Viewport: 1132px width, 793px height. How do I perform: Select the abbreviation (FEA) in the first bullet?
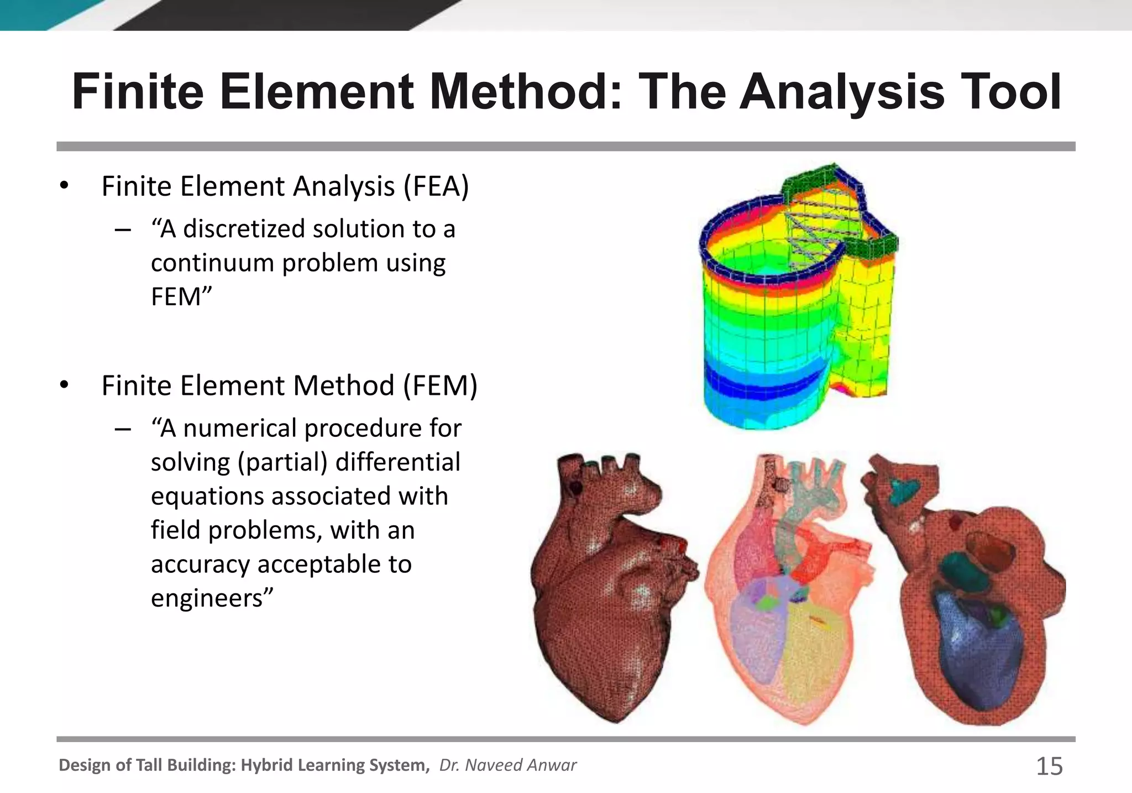(436, 186)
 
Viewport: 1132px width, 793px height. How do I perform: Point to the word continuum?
(212, 263)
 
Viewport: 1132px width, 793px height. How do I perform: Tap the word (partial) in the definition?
(282, 463)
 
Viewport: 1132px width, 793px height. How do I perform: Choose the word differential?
(397, 462)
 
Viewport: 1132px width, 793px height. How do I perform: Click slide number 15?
(1049, 766)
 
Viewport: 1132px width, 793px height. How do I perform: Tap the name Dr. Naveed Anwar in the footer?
(507, 765)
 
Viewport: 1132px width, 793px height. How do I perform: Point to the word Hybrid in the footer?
(267, 765)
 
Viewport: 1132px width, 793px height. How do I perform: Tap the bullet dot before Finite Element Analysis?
(64, 186)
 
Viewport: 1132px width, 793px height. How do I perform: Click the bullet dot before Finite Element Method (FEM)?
(64, 385)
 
